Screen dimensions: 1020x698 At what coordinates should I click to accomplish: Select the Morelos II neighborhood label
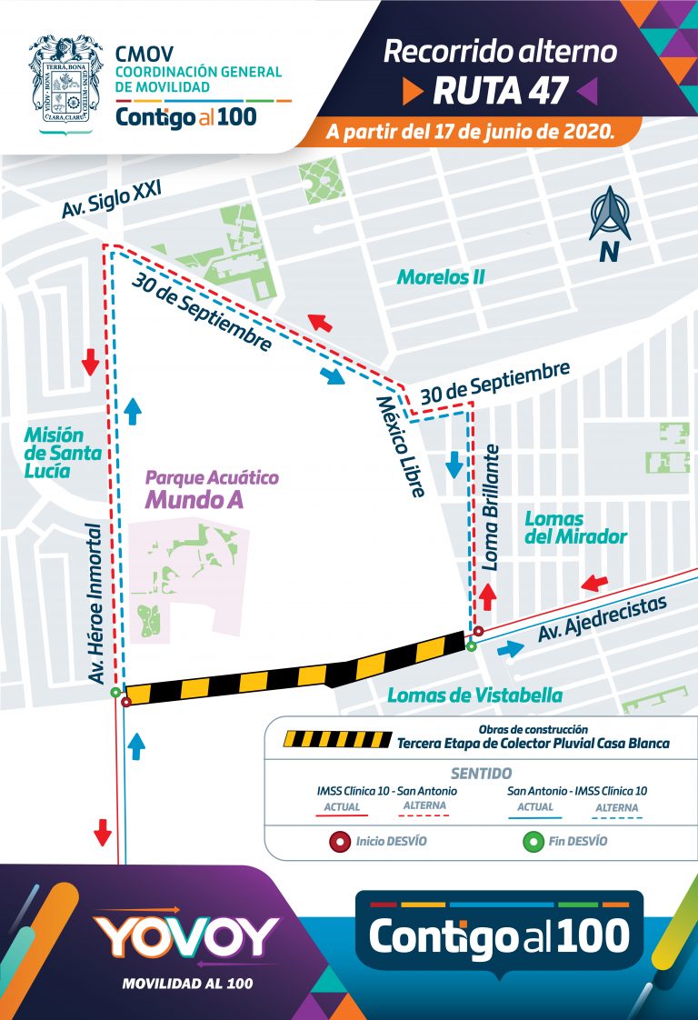coord(441,276)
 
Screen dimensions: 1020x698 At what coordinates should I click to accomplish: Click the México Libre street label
coord(401,446)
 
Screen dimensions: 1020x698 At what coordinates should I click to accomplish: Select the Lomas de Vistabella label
coord(474,695)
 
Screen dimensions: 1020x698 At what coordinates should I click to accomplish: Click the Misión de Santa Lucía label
coord(54,453)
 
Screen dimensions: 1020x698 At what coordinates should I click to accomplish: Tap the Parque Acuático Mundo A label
coord(212,489)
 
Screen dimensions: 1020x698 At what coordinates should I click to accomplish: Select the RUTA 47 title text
coord(501,90)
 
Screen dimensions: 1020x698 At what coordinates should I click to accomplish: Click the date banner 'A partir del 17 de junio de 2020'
coord(470,133)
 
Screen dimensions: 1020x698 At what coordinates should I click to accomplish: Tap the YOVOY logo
coord(186,936)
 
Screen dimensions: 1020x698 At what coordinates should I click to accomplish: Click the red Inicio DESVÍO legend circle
coord(342,841)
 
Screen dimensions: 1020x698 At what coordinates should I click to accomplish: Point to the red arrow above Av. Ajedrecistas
coord(595,582)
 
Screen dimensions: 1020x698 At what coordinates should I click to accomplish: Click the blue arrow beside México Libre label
coord(454,465)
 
